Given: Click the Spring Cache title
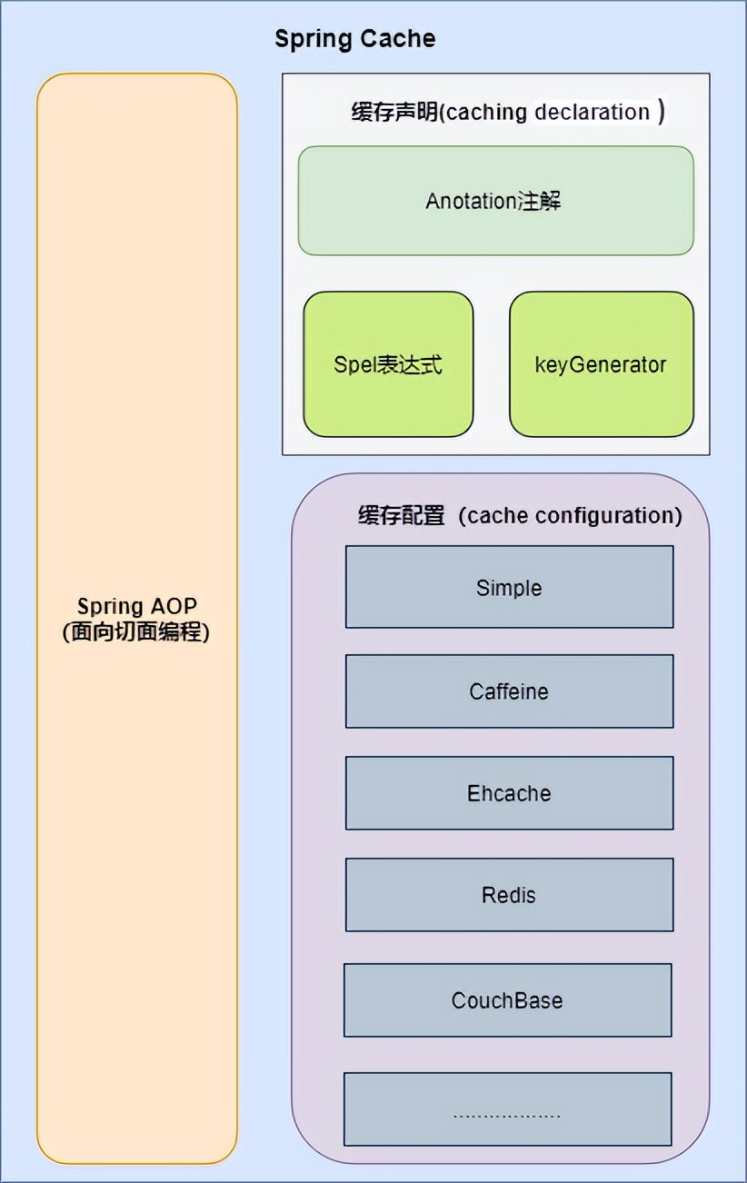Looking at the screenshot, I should tap(354, 39).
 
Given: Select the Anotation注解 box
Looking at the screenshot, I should tap(495, 201).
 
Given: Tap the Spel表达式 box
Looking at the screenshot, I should tap(388, 364).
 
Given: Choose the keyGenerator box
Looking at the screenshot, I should tap(601, 364).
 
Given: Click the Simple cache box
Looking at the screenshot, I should tap(509, 587).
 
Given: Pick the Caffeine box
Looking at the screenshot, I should tap(509, 691).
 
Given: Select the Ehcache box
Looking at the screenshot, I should tap(509, 793).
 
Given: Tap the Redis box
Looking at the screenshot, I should tap(509, 895).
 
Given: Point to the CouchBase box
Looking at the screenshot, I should tap(507, 1000).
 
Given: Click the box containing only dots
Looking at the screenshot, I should tap(507, 1109).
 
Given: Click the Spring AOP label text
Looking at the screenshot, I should tap(136, 606).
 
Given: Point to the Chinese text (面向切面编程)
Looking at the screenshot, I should tap(136, 632).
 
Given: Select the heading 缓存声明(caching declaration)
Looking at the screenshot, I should tap(507, 112).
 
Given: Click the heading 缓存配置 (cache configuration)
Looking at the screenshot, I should tap(519, 515).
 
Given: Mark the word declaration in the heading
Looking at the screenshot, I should tap(592, 112).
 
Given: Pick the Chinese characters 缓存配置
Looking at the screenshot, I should tap(401, 515).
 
